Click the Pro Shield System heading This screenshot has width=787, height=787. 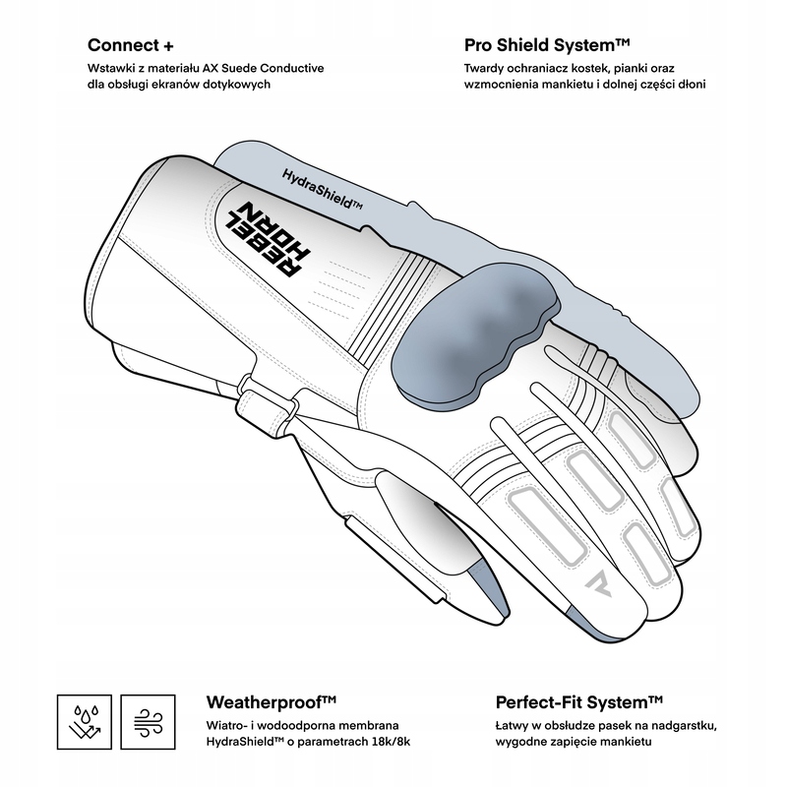[547, 45]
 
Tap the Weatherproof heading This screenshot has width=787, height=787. [272, 701]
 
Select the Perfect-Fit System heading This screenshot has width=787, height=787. [578, 701]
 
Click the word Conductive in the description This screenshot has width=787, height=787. [292, 68]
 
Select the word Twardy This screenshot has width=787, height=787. [487, 68]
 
